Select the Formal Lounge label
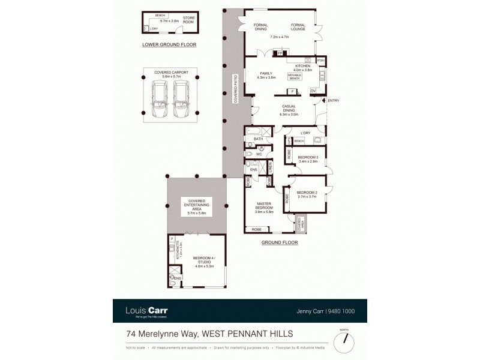298,28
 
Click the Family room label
266,73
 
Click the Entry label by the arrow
333,100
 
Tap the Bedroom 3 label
308,157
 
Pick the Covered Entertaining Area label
197,205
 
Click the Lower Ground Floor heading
169,44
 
